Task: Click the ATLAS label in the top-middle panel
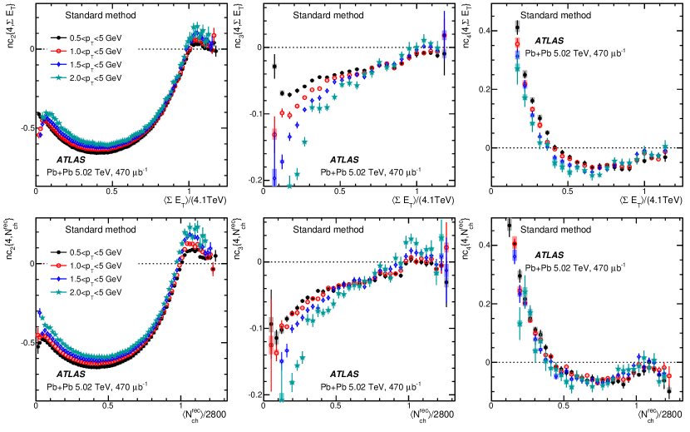(x=345, y=158)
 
